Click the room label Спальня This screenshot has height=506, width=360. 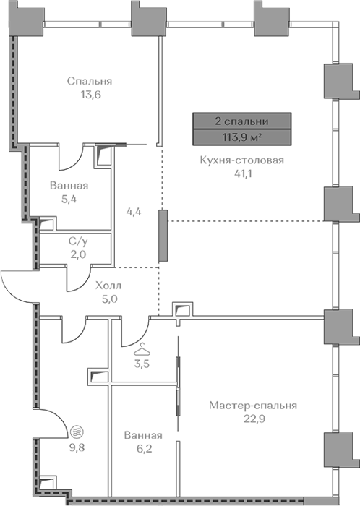click(x=90, y=81)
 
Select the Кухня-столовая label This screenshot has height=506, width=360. click(x=242, y=160)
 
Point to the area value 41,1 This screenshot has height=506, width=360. click(x=243, y=174)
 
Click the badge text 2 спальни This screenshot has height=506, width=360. click(x=242, y=121)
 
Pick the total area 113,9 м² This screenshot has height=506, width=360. click(x=242, y=137)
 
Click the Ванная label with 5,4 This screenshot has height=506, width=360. click(x=69, y=186)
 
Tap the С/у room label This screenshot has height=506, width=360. click(x=77, y=241)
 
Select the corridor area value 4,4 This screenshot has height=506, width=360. click(x=134, y=213)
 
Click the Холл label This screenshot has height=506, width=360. click(x=108, y=286)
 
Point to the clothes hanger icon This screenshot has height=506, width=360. click(x=142, y=349)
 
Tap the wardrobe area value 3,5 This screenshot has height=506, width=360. click(x=142, y=364)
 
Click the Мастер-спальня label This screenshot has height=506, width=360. click(x=253, y=406)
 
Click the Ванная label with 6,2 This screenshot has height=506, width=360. click(x=143, y=435)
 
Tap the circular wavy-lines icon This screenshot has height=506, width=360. click(x=77, y=431)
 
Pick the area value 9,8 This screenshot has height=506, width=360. click(x=77, y=447)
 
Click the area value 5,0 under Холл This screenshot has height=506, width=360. click(x=110, y=299)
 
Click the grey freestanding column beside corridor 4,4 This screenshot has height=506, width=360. click(x=163, y=235)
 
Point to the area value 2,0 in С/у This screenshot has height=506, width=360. click(x=78, y=254)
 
